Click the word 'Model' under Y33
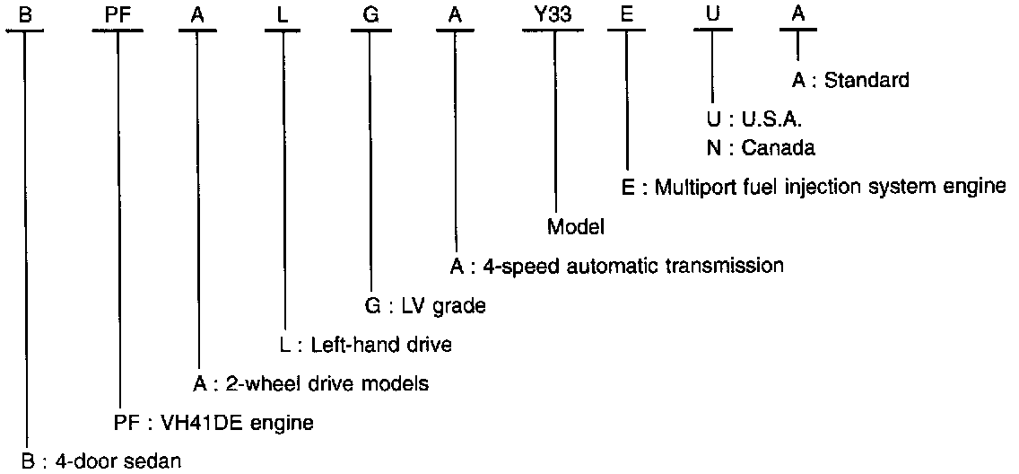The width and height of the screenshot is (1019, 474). (x=575, y=227)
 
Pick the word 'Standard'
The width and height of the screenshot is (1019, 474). (x=867, y=81)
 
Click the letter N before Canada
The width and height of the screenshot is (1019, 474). (x=714, y=148)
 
